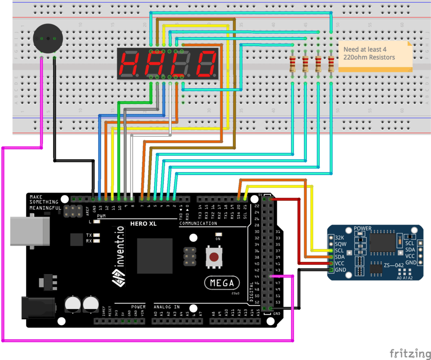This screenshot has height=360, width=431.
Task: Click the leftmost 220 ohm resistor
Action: (x=293, y=64)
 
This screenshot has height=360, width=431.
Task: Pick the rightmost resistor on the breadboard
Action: (x=331, y=64)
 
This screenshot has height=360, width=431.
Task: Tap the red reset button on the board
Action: (x=215, y=257)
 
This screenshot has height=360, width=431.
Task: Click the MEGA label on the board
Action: (x=222, y=283)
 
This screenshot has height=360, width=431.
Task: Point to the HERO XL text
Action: (x=143, y=224)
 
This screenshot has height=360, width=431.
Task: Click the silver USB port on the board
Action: (x=25, y=231)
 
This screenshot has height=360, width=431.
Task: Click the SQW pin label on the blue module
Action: (x=341, y=244)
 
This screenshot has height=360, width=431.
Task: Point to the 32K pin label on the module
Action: (x=341, y=237)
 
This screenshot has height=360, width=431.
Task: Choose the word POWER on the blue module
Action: (x=362, y=229)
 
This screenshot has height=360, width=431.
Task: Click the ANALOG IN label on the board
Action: (x=167, y=307)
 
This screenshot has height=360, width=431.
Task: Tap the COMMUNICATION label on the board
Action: (x=198, y=223)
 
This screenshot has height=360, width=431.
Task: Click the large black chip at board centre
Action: (x=154, y=256)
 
